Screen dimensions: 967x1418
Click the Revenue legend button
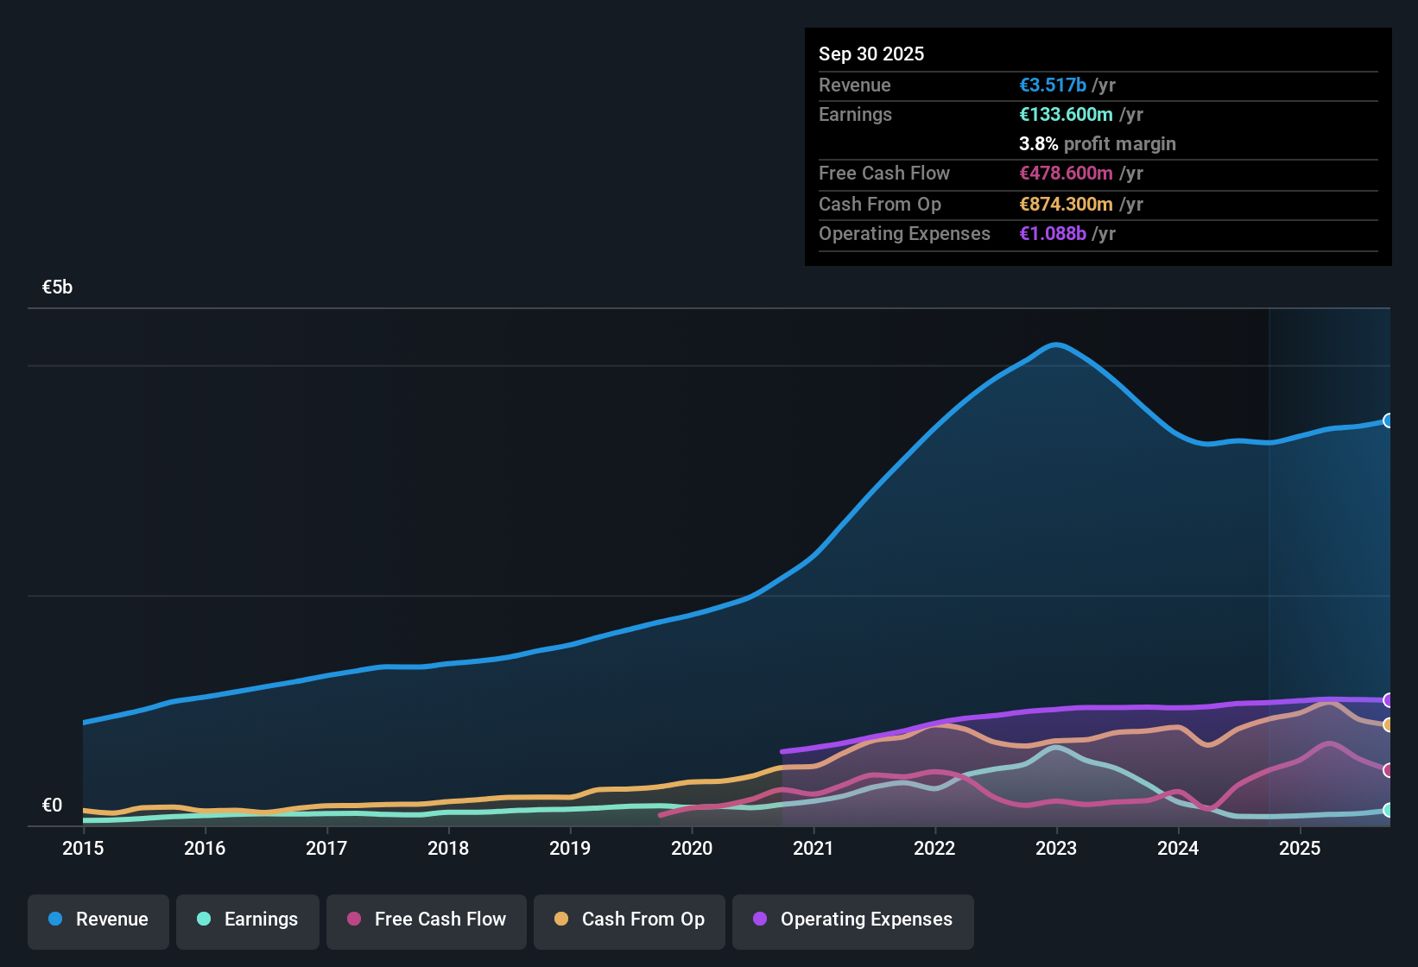[98, 920]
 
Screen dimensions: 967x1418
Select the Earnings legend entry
[248, 920]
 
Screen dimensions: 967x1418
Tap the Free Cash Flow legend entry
[427, 920]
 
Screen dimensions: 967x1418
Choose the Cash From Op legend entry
[630, 920]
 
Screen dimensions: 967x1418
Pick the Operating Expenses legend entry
[853, 920]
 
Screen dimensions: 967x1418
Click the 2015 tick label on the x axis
[83, 849]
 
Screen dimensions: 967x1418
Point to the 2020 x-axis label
[692, 849]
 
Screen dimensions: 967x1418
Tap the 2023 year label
[1056, 849]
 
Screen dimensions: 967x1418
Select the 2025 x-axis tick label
[1300, 849]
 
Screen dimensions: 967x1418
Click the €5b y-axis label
[58, 288]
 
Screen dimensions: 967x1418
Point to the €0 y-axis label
[53, 806]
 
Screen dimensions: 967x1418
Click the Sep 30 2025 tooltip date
[871, 54]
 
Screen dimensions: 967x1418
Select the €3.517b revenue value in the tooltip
[1053, 85]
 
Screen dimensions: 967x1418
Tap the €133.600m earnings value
[1066, 115]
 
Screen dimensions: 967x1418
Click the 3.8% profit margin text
[1098, 144]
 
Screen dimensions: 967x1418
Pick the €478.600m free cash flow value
[1066, 174]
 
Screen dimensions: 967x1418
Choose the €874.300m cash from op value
[1066, 205]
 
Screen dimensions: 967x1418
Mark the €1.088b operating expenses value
[1053, 234]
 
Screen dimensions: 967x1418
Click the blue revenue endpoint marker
[1388, 420]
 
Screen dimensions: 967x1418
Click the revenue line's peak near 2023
[1056, 344]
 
